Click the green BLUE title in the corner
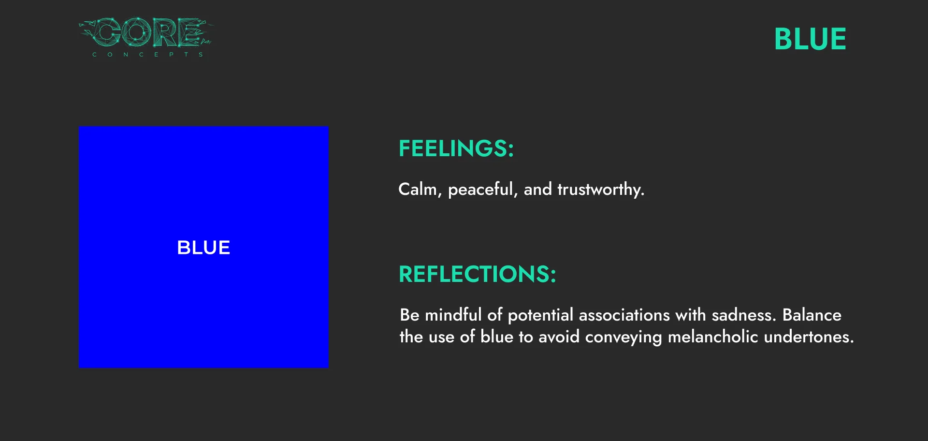coord(810,39)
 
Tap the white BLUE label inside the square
coord(203,248)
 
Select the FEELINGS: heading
coord(456,148)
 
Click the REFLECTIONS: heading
coord(478,274)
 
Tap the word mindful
coord(453,315)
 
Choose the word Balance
coord(812,315)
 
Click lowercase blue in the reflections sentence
coord(497,337)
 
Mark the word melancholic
coord(713,337)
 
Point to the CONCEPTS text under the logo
coord(147,55)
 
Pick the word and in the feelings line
coord(538,190)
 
